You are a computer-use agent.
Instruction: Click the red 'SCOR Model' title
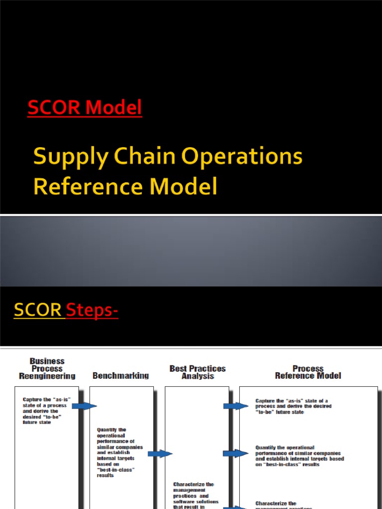[85, 107]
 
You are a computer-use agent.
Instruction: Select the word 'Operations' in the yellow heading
[242, 158]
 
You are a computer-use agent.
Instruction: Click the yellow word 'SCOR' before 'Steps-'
[39, 310]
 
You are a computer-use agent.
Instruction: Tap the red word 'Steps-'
[93, 310]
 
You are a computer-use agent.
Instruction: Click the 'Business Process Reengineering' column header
[47, 369]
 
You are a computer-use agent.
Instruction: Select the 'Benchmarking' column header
[120, 376]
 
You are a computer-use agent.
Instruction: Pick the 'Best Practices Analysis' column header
[197, 372]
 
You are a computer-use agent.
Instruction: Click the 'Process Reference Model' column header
[308, 372]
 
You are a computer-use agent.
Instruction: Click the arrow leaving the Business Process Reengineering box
[84, 406]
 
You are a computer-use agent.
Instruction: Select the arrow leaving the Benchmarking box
[160, 453]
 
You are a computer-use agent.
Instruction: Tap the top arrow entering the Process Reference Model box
[235, 406]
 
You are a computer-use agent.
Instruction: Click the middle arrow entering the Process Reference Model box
[235, 453]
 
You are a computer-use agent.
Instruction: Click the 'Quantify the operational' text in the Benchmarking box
[119, 452]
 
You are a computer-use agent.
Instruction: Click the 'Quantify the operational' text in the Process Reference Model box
[299, 456]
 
